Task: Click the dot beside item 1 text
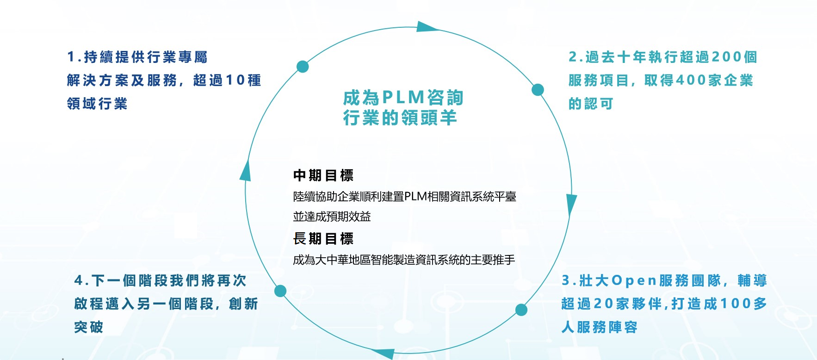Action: tap(303, 67)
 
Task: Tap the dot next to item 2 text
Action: tap(538, 90)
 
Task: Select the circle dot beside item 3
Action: tap(521, 310)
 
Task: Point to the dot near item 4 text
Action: tap(280, 291)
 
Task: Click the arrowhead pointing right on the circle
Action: tap(426, 27)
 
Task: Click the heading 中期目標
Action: tap(323, 176)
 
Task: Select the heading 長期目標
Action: tap(323, 239)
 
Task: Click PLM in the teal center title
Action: tap(403, 98)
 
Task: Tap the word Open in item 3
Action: tap(634, 280)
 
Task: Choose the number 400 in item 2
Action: tap(691, 81)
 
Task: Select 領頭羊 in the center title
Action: tap(429, 118)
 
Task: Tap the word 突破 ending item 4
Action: tap(89, 327)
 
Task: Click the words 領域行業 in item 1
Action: tap(97, 104)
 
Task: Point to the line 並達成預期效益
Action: tap(332, 217)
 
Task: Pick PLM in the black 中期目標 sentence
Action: tap(415, 197)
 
